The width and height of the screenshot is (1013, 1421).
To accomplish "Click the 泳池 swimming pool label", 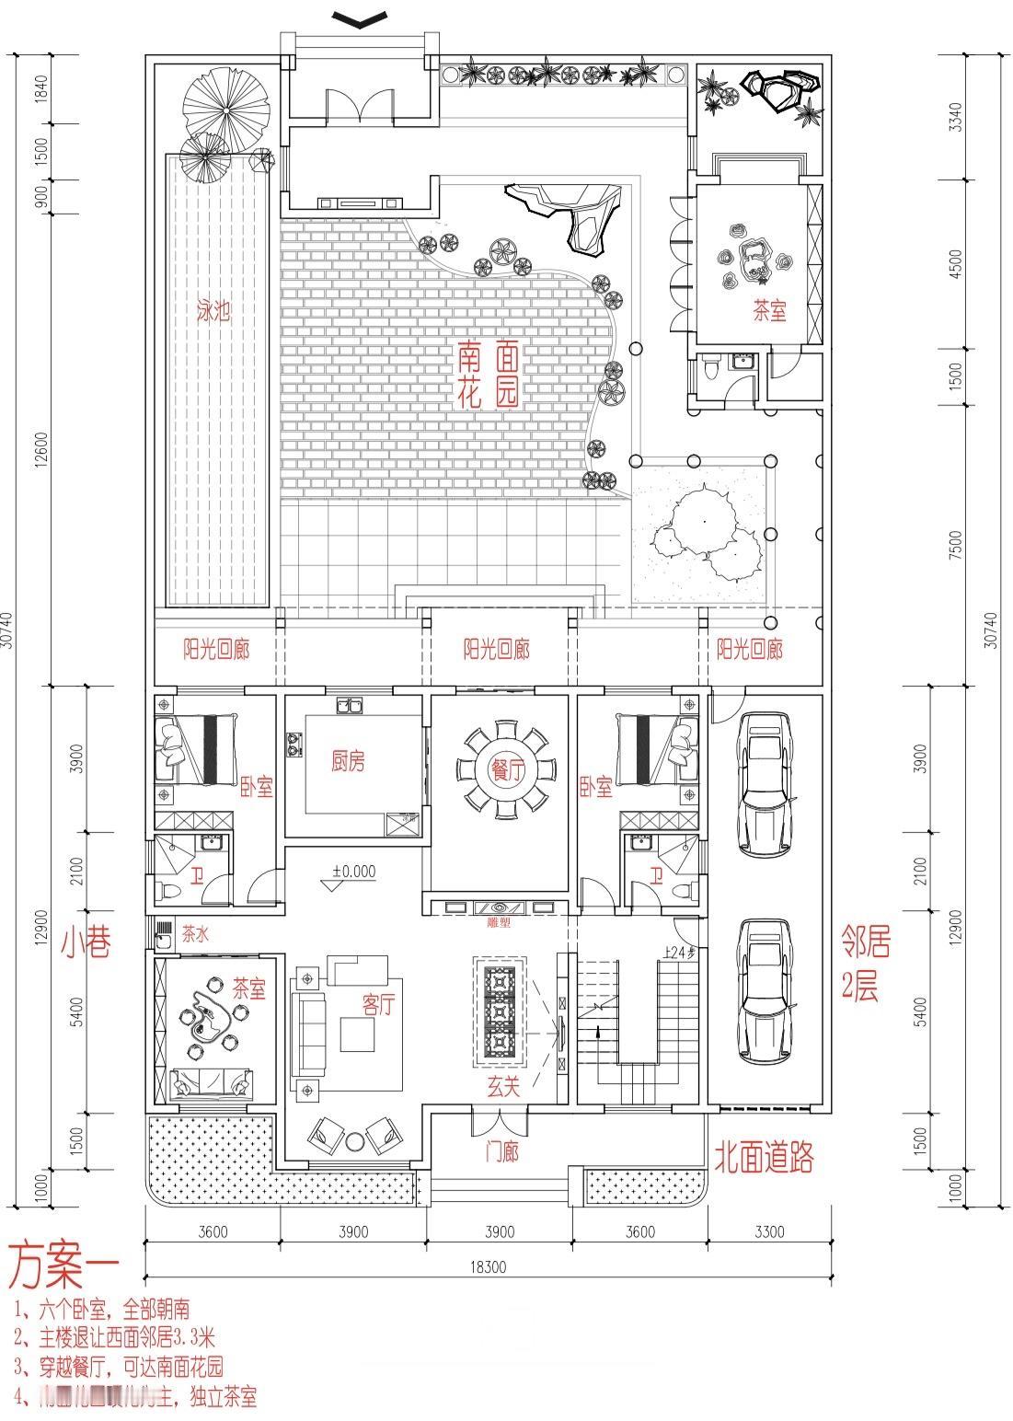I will [x=213, y=311].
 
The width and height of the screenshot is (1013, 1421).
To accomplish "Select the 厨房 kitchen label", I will [x=348, y=761].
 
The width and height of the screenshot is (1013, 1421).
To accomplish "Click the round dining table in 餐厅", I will [x=500, y=771].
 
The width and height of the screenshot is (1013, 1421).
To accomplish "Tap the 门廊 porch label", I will [x=501, y=1151].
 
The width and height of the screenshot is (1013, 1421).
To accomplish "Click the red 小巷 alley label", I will [x=86, y=942].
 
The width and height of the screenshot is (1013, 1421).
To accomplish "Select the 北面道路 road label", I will [x=764, y=1157].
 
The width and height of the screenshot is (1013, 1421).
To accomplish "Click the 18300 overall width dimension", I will [x=488, y=1266].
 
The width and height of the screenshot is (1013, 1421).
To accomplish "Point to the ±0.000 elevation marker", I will [x=353, y=872].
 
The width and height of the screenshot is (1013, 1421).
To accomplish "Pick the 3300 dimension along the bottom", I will [x=767, y=1231].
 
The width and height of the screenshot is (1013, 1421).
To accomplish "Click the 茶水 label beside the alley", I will [x=195, y=934].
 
